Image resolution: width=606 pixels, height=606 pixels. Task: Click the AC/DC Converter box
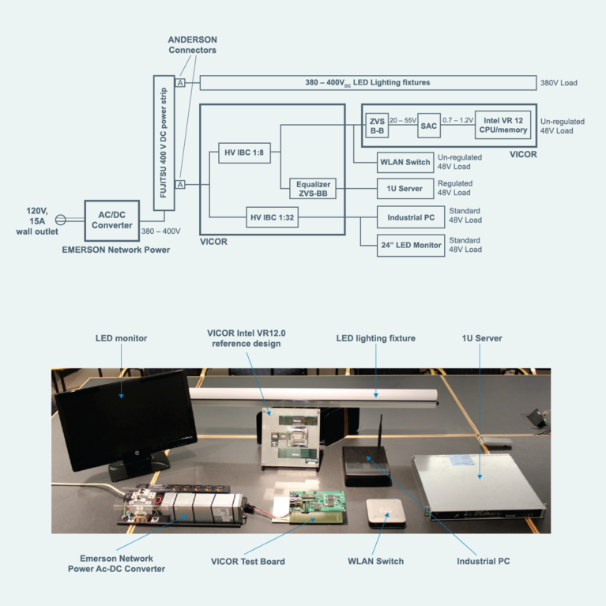click(111, 220)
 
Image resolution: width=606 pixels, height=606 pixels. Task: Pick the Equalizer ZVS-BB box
click(311, 189)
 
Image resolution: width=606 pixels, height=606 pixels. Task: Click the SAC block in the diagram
click(428, 125)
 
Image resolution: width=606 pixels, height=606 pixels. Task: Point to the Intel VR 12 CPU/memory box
click(502, 125)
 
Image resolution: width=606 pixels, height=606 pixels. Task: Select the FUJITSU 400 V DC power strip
click(164, 140)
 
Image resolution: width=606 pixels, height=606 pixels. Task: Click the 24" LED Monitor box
click(411, 245)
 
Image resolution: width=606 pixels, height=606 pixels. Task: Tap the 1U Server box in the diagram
click(405, 189)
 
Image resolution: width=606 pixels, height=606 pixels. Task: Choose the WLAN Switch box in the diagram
click(405, 162)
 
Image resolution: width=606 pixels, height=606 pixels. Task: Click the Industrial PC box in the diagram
click(410, 217)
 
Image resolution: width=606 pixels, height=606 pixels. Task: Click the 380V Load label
click(559, 83)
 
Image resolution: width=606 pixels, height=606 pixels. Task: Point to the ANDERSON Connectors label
click(192, 44)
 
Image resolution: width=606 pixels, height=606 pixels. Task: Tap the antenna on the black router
click(382, 431)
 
